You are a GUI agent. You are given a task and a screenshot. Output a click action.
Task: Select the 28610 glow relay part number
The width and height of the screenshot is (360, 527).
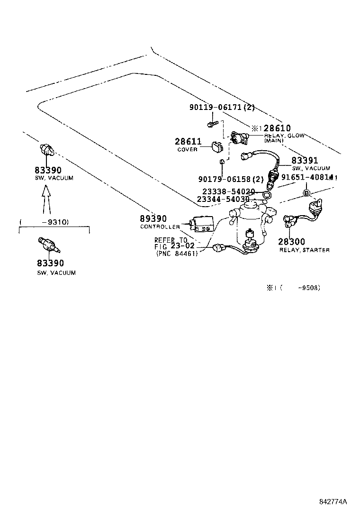[x=277, y=128]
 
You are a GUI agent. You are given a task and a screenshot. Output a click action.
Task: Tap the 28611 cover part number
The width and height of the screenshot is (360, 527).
[x=188, y=141]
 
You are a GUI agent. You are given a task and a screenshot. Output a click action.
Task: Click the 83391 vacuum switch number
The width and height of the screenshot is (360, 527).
[x=305, y=161]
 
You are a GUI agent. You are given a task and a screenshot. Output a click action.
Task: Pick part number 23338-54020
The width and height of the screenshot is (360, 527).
[x=229, y=191]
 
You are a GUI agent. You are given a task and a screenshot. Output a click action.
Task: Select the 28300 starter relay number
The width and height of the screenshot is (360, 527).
[x=292, y=242]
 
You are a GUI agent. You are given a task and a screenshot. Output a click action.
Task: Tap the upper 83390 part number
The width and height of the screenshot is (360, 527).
[x=48, y=170]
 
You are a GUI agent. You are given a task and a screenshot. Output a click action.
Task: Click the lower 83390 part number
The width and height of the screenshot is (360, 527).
[x=49, y=263]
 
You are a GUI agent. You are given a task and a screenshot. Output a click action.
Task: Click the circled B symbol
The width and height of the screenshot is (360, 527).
[x=306, y=192]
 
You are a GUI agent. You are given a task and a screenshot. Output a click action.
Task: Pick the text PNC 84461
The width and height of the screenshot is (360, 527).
[x=177, y=254]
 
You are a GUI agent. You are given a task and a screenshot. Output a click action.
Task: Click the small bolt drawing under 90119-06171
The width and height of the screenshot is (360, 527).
[x=211, y=124]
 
